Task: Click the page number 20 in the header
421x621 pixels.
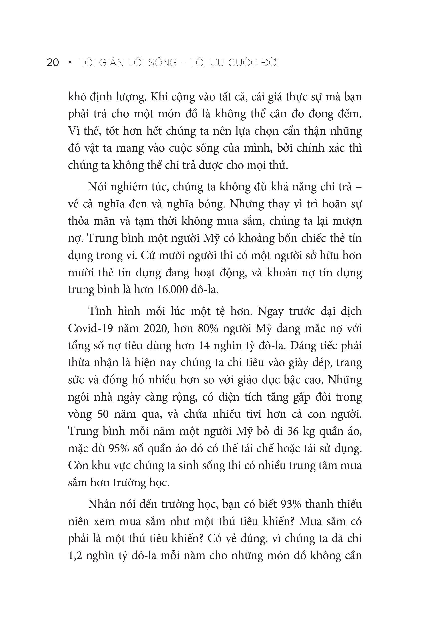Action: tap(53, 63)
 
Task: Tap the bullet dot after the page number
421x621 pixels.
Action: tap(70, 63)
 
